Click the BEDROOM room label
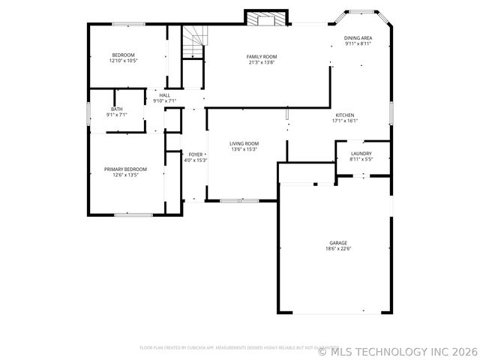point(123,55)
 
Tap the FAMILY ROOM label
point(262,57)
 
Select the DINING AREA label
point(358,38)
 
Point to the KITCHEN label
point(344,115)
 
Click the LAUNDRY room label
point(361,153)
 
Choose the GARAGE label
point(337,243)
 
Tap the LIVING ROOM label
point(244,143)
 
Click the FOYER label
point(196,154)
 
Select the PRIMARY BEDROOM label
point(125,169)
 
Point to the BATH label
point(117,109)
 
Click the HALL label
point(164,95)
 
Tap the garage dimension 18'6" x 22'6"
point(337,249)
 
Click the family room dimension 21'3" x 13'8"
point(262,62)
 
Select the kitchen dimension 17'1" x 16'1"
point(344,121)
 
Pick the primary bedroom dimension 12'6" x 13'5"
point(125,175)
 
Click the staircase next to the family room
point(194,43)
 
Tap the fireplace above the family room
point(266,18)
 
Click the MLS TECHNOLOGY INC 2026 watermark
point(398,350)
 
